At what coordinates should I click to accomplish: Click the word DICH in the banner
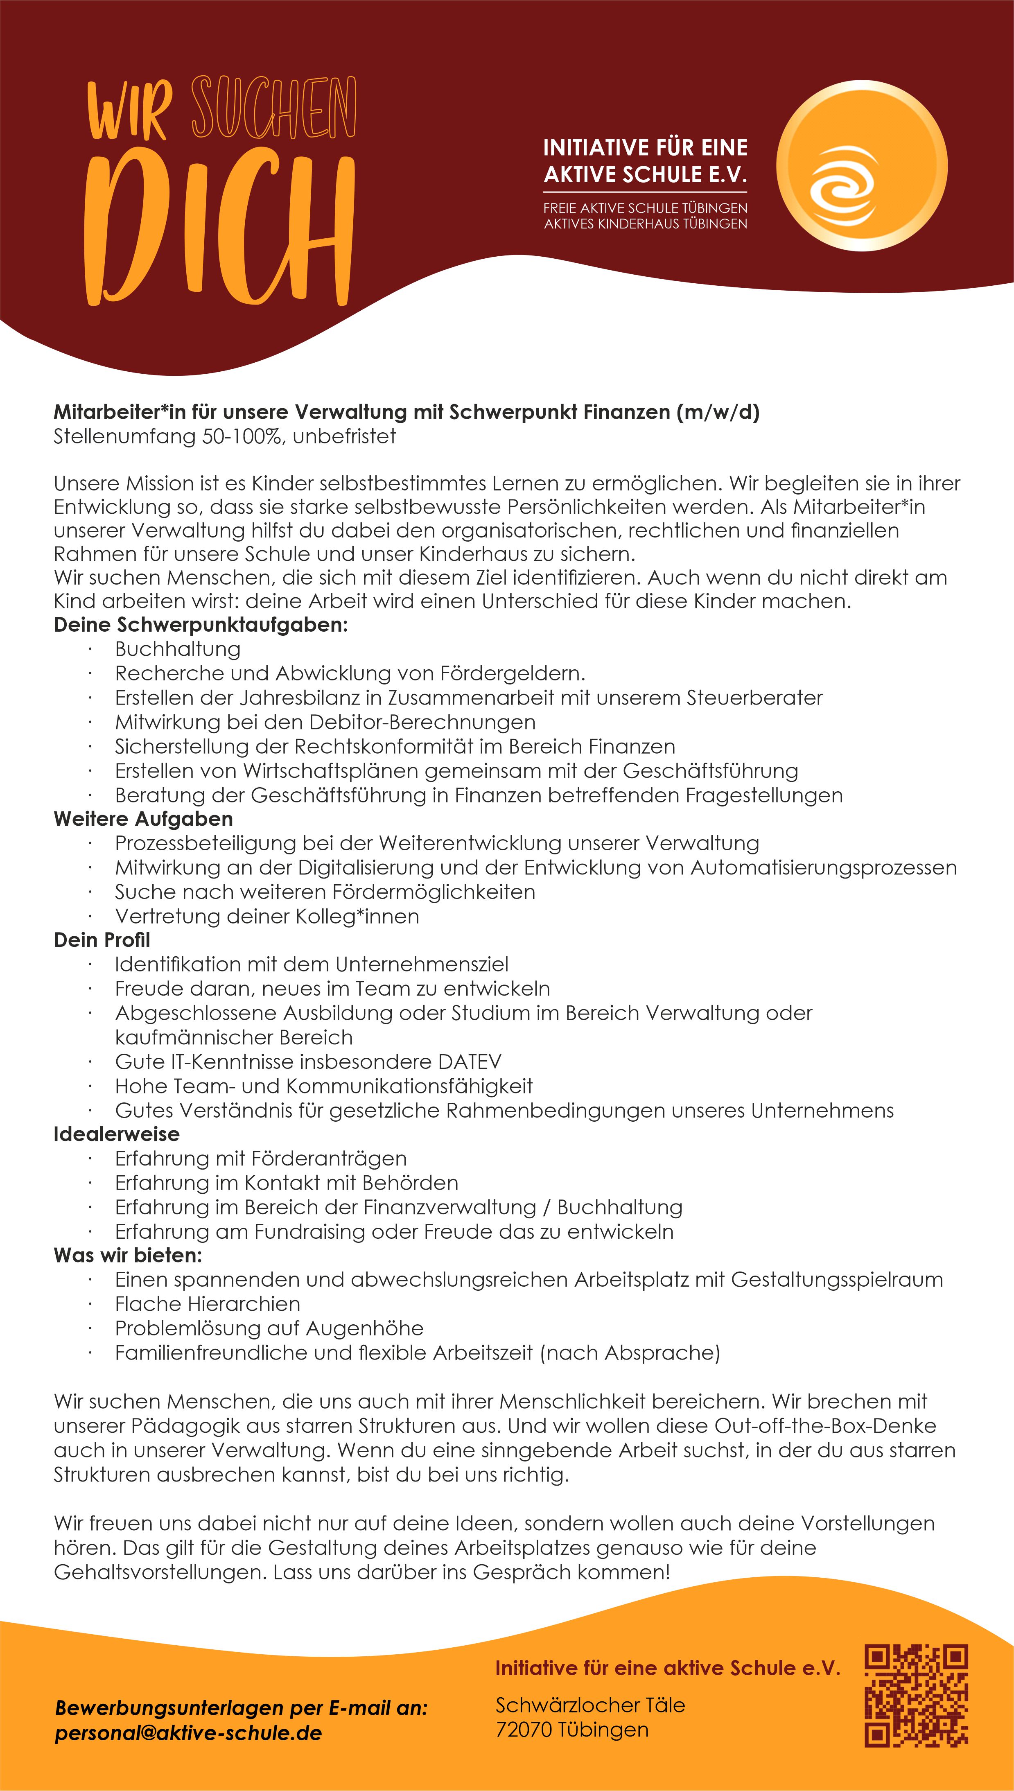coord(219,230)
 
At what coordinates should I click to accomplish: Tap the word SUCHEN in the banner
coord(274,108)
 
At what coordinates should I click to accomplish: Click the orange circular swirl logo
coord(861,166)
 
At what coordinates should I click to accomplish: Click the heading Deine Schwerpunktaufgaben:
coord(201,625)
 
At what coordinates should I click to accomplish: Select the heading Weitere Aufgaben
coord(143,819)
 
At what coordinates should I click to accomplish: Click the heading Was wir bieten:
coord(128,1256)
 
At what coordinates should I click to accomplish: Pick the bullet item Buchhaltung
coord(178,649)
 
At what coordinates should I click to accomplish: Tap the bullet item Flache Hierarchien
coord(208,1304)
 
